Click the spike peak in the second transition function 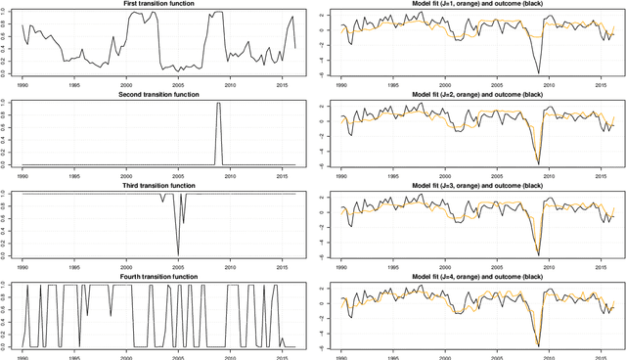[x=218, y=103]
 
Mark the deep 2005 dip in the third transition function [x=177, y=253]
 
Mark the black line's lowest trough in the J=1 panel [x=538, y=72]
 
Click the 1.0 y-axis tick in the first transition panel [x=10, y=12]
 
